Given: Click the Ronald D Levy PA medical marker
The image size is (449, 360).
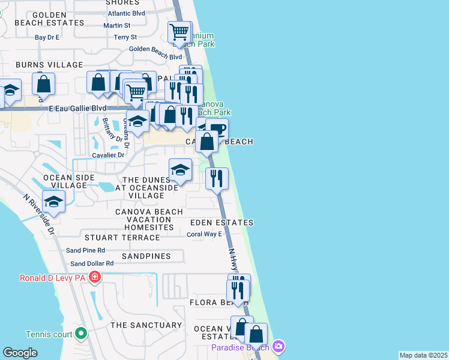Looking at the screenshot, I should (x=94, y=277).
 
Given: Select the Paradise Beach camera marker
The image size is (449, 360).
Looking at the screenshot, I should (x=277, y=346).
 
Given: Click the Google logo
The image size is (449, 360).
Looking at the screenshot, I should (x=20, y=353).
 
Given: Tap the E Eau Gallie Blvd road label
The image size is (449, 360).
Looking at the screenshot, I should (x=77, y=109).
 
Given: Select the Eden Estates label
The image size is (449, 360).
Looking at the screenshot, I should (x=221, y=223).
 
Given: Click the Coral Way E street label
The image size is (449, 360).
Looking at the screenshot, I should (x=204, y=234).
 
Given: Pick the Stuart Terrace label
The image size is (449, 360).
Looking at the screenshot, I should (x=122, y=238).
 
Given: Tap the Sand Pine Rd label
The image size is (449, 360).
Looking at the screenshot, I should (x=85, y=250).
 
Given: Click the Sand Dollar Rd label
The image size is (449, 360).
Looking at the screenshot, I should (x=92, y=263).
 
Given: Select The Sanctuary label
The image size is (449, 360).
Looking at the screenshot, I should (x=146, y=325).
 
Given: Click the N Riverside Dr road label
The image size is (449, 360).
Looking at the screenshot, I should (x=40, y=214).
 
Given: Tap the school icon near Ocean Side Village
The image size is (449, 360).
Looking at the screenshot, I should (x=54, y=203).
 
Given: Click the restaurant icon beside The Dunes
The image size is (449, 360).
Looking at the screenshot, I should (x=217, y=178).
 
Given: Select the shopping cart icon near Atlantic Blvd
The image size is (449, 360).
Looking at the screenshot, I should (x=179, y=32).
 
